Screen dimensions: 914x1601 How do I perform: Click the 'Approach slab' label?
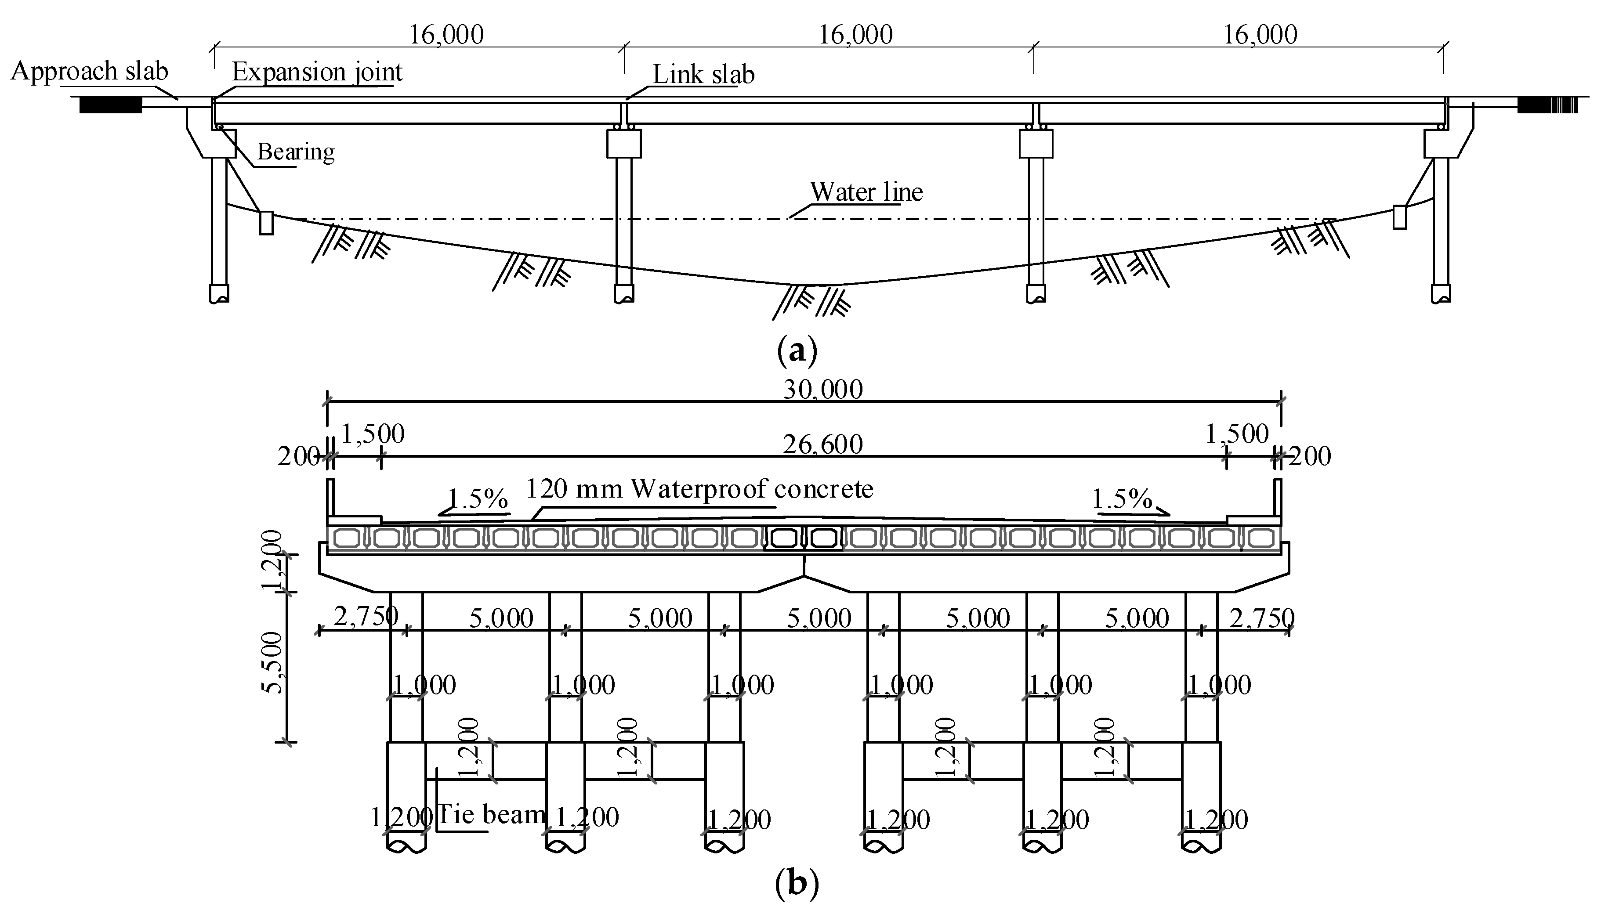[x=89, y=72]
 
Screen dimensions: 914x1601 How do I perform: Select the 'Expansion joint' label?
[x=317, y=72]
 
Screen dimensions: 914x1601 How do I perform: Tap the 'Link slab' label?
[x=703, y=75]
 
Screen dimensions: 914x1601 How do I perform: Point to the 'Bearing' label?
[x=296, y=152]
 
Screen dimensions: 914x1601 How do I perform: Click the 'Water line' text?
[x=866, y=192]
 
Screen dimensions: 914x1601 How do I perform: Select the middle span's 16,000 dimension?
[x=855, y=35]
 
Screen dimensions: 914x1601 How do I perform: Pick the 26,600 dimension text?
[x=822, y=444]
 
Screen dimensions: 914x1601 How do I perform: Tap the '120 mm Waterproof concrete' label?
[x=699, y=489]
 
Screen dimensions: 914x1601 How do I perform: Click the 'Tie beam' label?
[x=491, y=815]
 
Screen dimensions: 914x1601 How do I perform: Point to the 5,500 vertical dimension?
[x=272, y=662]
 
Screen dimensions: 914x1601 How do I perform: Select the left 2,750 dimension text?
[x=366, y=617]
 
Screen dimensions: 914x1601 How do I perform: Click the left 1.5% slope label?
[x=477, y=499]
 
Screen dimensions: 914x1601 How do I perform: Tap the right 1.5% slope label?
[x=1122, y=499]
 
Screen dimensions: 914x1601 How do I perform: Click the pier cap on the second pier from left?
[x=623, y=144]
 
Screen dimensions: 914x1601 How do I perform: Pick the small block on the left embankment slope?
[x=266, y=223]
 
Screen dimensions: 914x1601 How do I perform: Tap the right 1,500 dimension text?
[x=1237, y=434]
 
